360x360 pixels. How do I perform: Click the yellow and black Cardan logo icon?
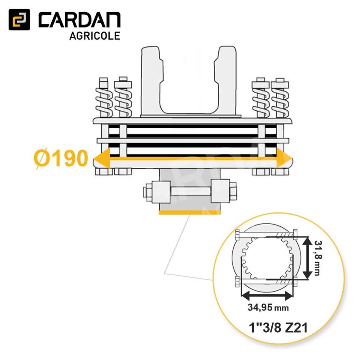click(19, 20)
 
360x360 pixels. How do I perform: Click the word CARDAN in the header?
click(80, 20)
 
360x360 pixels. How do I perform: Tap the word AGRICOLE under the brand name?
click(94, 36)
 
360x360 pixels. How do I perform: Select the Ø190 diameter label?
click(61, 158)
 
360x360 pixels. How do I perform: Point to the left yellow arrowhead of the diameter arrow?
click(102, 158)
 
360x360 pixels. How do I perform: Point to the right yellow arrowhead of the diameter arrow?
click(284, 158)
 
